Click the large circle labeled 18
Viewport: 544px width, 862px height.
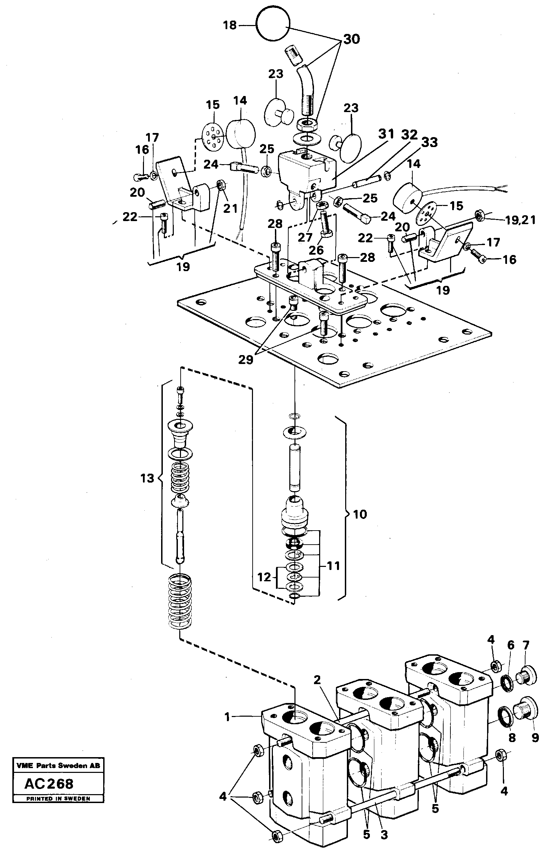point(273,25)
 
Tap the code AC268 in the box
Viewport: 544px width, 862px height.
point(49,784)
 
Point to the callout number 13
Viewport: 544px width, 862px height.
point(147,478)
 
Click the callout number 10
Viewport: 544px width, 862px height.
point(360,514)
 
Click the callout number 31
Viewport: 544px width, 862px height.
point(386,134)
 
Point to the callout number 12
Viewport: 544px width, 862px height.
point(264,577)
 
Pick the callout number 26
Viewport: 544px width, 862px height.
point(316,250)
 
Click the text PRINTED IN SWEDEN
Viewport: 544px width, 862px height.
point(58,799)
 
